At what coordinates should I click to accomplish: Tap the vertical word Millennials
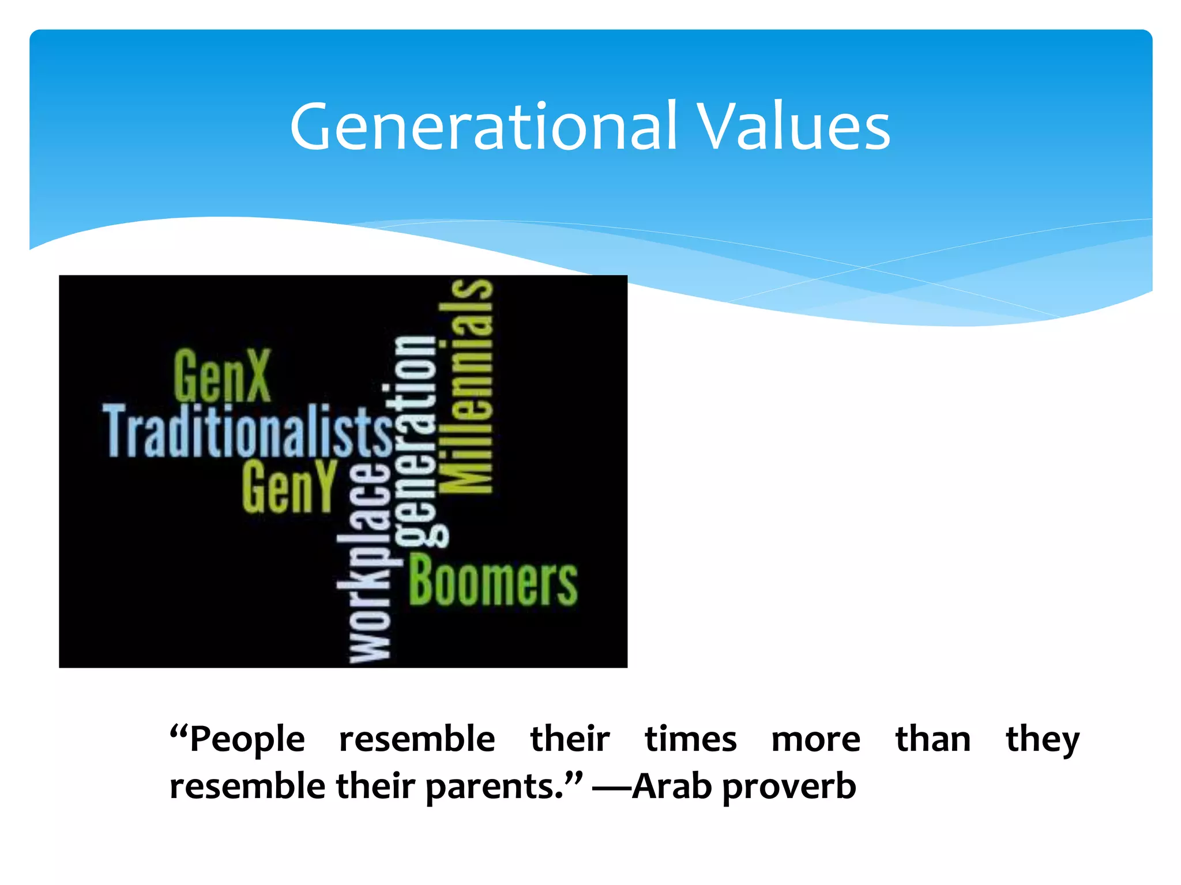pyautogui.click(x=466, y=386)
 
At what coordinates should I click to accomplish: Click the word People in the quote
pyautogui.click(x=247, y=740)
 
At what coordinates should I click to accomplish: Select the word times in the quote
pyautogui.click(x=690, y=739)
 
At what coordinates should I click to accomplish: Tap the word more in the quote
pyautogui.click(x=815, y=740)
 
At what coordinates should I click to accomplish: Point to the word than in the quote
pyautogui.click(x=932, y=739)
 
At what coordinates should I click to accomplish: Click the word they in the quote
pyautogui.click(x=1042, y=740)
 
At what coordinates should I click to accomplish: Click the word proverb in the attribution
pyautogui.click(x=788, y=787)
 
